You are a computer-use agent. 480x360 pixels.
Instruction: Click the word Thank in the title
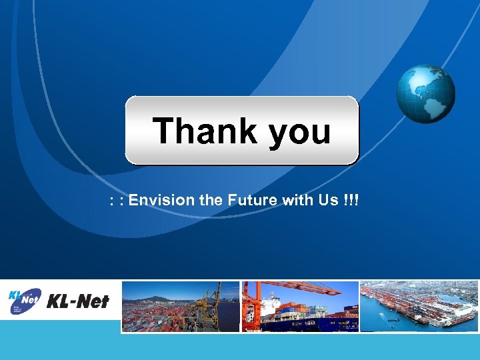coord(205,131)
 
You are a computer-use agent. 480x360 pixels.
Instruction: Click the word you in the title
coord(300,132)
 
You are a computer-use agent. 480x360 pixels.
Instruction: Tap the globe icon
coord(425,93)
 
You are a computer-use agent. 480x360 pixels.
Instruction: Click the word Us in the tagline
coord(328,200)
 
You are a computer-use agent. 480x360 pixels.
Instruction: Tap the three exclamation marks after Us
coord(350,200)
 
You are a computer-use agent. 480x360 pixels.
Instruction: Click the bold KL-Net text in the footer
coord(78,302)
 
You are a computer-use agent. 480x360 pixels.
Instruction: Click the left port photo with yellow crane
coord(180,306)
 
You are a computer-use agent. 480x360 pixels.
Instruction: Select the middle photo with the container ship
coord(300,306)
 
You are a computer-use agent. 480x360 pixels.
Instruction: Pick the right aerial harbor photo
coord(419,306)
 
